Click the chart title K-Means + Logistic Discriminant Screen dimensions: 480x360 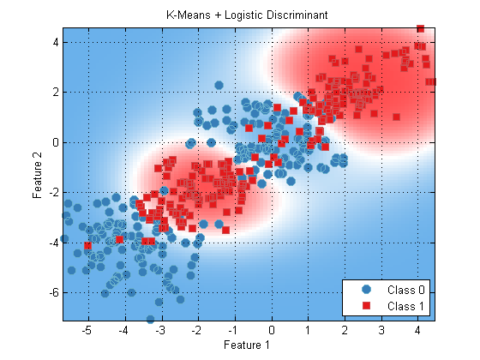coord(247,15)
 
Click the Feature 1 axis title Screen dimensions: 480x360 coord(247,345)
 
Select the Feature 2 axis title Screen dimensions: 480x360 coord(37,176)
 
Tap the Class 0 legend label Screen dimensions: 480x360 coord(406,290)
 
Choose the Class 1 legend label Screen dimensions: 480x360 coord(406,306)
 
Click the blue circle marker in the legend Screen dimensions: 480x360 coord(366,290)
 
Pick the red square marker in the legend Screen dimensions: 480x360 coord(366,305)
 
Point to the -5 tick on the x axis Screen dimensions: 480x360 coord(87,330)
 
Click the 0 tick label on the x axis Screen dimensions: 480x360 coord(272,330)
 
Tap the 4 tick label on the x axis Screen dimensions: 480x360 coord(418,330)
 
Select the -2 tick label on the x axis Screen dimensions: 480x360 coord(196,330)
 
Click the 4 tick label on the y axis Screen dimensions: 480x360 coord(56,42)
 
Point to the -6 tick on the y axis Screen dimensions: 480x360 coord(54,292)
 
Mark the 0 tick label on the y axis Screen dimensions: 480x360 coord(56,142)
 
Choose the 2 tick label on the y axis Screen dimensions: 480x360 coord(56,93)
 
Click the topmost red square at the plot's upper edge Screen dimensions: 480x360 coord(421,29)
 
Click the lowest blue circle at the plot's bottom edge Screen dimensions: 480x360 coord(150,319)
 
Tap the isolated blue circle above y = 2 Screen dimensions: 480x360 coord(219,85)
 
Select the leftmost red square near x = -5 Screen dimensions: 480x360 coord(87,245)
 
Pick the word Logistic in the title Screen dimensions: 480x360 coord(243,15)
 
